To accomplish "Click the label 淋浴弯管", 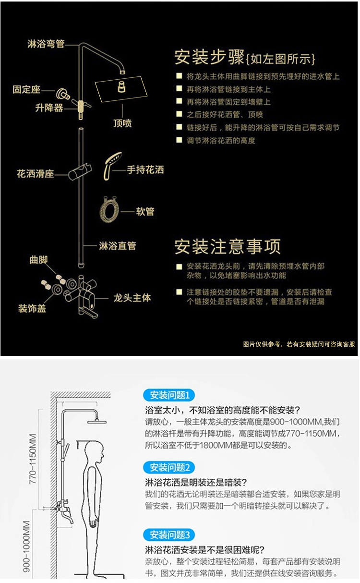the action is tap(46, 44).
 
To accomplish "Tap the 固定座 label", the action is tap(26, 89).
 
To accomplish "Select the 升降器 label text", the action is tap(49, 108).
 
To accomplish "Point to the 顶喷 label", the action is tap(122, 123).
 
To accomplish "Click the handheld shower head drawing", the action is tap(112, 166).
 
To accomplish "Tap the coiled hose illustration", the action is tap(109, 209).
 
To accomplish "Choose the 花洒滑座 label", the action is tap(36, 173).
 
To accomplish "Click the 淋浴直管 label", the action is tap(117, 246).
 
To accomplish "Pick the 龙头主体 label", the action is tap(132, 298).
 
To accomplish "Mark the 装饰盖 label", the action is tap(32, 308).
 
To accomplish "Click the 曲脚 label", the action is tap(38, 260).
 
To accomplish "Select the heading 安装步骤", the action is tap(209, 57).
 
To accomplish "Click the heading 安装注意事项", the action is tap(228, 246).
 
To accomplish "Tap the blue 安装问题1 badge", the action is tap(169, 395).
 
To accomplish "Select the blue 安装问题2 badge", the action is tap(169, 468).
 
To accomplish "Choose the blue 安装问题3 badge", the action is tap(169, 535).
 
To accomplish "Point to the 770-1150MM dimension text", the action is tap(33, 459).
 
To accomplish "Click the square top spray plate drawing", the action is tap(121, 89).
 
